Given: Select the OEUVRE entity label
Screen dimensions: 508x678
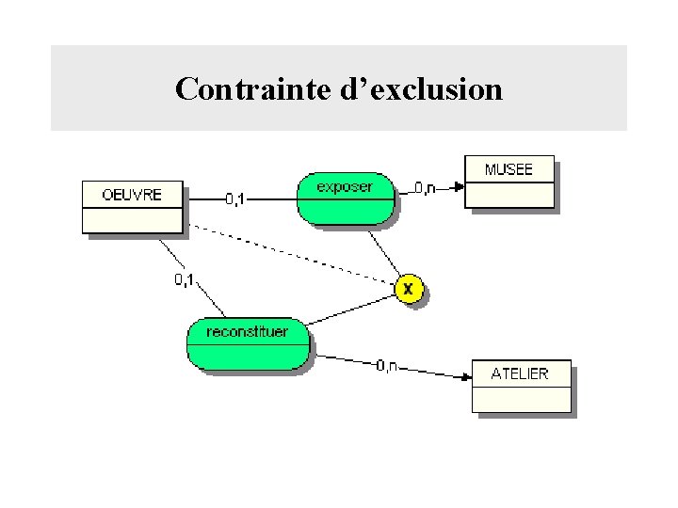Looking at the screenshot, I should [x=132, y=195].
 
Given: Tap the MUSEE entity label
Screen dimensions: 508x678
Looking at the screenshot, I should [x=508, y=169].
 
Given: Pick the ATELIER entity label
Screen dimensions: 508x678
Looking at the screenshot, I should [x=519, y=373].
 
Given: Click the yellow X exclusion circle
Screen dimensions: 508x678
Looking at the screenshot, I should [x=408, y=289].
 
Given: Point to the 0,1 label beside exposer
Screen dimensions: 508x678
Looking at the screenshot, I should [x=234, y=198].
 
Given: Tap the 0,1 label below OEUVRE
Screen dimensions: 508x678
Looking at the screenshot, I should [x=185, y=279].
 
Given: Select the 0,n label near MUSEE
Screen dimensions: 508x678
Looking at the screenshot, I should [x=425, y=188].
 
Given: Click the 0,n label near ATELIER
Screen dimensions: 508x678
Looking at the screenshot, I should [x=386, y=365].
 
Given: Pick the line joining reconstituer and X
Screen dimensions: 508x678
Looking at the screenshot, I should [x=353, y=309].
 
